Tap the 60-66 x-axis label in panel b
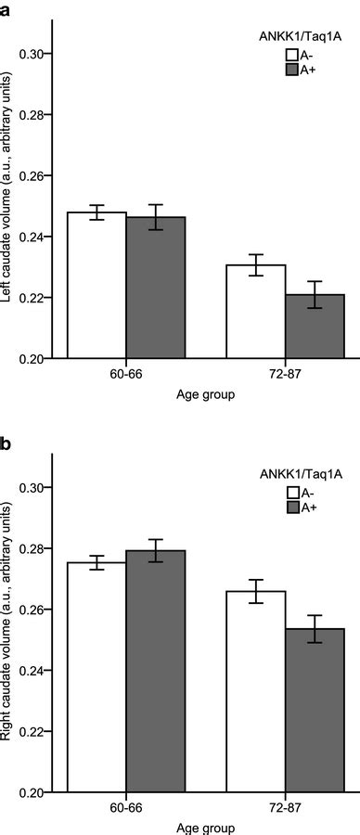(x=128, y=812)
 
